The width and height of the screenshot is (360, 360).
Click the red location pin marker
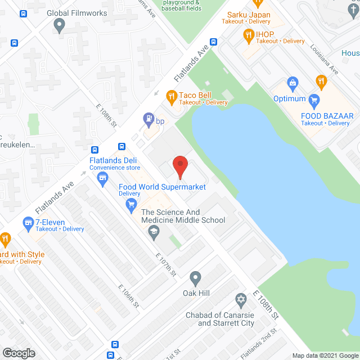point(179,166)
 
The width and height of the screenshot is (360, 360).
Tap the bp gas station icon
point(148,119)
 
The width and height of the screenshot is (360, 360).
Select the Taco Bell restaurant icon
point(172,97)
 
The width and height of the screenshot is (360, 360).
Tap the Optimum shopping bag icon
point(292,84)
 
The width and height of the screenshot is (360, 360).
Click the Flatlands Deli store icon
point(102,179)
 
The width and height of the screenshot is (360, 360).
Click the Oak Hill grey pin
point(195,277)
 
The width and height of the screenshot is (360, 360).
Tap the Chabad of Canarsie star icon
point(241,299)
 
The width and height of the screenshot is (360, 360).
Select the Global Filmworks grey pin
point(59,24)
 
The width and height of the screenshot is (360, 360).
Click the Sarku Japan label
point(249,15)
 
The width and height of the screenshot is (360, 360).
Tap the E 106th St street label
point(129,295)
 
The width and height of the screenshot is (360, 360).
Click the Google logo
point(18,353)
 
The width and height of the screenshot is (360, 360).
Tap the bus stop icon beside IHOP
point(214,42)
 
